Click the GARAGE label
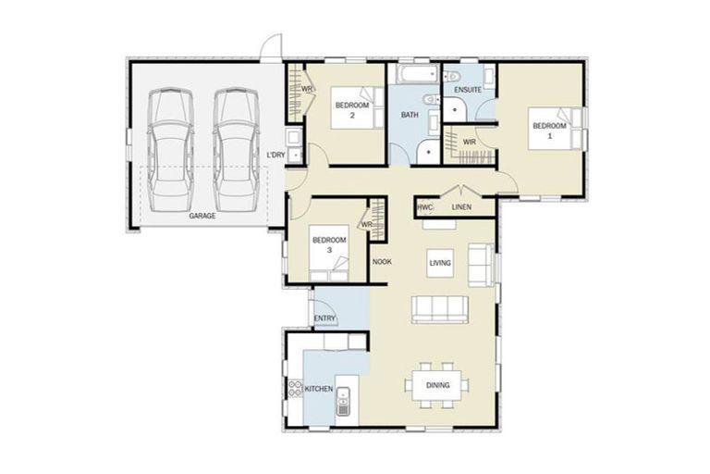[x=202, y=216]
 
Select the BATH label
[x=410, y=116]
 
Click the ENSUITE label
[x=467, y=90]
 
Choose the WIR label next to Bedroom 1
[x=469, y=142]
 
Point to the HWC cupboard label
[x=425, y=207]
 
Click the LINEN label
[x=461, y=207]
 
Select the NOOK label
[x=382, y=262]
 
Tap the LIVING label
[x=440, y=264]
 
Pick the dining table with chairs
[x=439, y=385]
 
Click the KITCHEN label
[x=319, y=391]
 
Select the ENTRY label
[x=324, y=318]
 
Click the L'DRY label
[x=275, y=155]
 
